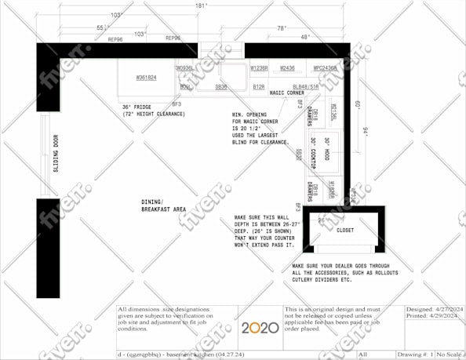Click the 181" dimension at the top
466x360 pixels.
pyautogui.click(x=201, y=6)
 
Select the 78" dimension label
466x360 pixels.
pyautogui.click(x=282, y=27)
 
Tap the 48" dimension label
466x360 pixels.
pyautogui.click(x=304, y=37)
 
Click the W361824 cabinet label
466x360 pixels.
pyautogui.click(x=146, y=78)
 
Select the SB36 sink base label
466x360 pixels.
pyautogui.click(x=221, y=87)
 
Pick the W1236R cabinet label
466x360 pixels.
pyautogui.click(x=259, y=68)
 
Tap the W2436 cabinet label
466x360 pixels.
pyautogui.click(x=288, y=68)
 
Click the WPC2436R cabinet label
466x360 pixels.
pyautogui.click(x=325, y=68)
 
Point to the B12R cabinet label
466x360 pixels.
pyautogui.click(x=258, y=87)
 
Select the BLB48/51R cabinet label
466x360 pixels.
pyautogui.click(x=305, y=87)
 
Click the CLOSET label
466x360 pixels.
pyautogui.click(x=345, y=231)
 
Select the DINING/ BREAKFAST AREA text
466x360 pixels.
pyautogui.click(x=162, y=205)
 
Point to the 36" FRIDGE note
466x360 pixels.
pyautogui.click(x=154, y=111)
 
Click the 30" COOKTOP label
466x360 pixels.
pyautogui.click(x=312, y=153)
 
